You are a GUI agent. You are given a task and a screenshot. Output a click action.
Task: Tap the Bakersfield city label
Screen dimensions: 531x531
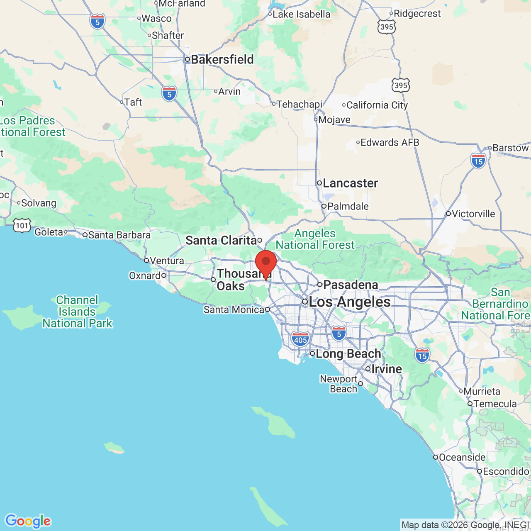tap(222, 60)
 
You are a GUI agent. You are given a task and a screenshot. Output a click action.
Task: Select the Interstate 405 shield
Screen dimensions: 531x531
tap(300, 339)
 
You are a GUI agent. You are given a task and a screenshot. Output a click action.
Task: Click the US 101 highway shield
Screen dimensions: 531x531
tap(22, 225)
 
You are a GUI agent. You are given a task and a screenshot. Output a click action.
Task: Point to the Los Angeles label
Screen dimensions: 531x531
tap(349, 302)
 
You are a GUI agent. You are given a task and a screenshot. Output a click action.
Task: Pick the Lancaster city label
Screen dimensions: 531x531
tap(350, 183)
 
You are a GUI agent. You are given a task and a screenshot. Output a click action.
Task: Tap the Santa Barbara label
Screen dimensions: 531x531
tap(119, 235)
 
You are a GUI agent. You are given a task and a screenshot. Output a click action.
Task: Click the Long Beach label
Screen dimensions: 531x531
tap(348, 354)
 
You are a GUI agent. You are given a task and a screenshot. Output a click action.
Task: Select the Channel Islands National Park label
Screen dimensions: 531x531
tap(78, 312)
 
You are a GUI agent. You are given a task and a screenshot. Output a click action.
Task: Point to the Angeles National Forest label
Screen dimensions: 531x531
tap(315, 239)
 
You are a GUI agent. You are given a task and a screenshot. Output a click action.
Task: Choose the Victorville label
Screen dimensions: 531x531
tap(473, 214)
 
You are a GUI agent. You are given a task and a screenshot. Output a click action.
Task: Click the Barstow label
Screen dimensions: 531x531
tap(511, 148)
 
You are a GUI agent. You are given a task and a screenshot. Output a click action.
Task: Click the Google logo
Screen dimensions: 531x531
tap(28, 521)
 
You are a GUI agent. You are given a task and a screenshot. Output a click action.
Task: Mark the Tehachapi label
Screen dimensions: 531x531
tap(299, 104)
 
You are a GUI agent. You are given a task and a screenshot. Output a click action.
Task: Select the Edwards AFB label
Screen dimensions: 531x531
tap(390, 143)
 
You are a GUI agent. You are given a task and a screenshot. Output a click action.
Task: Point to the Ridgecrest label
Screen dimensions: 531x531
tap(417, 14)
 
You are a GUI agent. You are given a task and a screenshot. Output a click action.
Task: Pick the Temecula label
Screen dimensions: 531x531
tap(495, 404)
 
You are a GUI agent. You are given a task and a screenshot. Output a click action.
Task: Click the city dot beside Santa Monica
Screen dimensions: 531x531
tap(268, 309)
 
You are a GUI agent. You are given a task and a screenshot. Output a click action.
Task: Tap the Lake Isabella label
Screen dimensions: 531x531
tap(302, 15)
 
